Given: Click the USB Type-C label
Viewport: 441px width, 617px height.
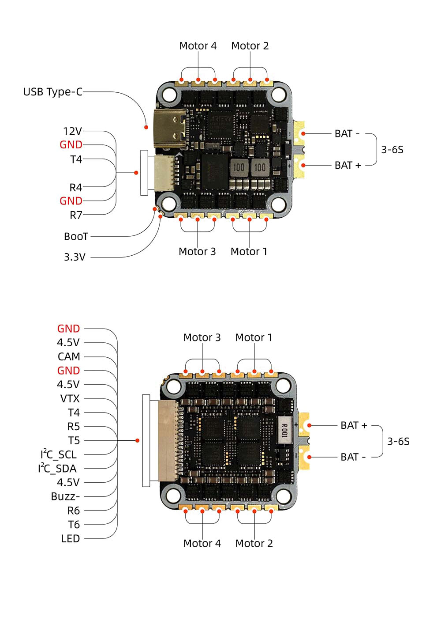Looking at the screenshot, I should coord(52,92).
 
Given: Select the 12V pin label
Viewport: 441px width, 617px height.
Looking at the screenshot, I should coord(72,131).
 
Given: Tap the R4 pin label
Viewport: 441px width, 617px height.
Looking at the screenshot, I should coord(75,187).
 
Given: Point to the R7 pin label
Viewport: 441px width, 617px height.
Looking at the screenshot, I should coord(76,215).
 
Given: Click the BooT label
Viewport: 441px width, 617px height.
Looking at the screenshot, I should coord(76,236).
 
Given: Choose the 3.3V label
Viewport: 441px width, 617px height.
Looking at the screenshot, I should coord(75,257).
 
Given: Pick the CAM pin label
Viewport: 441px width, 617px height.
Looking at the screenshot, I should coord(69,356).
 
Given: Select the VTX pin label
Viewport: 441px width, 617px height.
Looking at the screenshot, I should coord(70,399).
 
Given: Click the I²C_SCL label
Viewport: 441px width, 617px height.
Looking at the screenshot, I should coord(58,454).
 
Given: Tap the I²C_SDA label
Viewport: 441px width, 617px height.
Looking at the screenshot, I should coord(57,469).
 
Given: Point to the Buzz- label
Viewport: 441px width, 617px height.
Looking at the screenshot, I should coord(65,496).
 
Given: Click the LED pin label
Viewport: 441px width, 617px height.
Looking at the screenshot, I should coord(70,539).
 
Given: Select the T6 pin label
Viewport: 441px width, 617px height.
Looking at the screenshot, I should coord(74,525).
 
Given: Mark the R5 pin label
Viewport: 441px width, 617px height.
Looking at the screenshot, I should coord(73,427).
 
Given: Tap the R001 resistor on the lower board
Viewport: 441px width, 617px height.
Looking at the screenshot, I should coord(284,428).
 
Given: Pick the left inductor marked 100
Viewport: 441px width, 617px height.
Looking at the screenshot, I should coord(239,167).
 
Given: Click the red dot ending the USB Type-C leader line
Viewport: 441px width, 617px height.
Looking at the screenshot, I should coord(146,127).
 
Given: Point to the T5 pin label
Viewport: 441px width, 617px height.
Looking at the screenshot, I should coord(74,441).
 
